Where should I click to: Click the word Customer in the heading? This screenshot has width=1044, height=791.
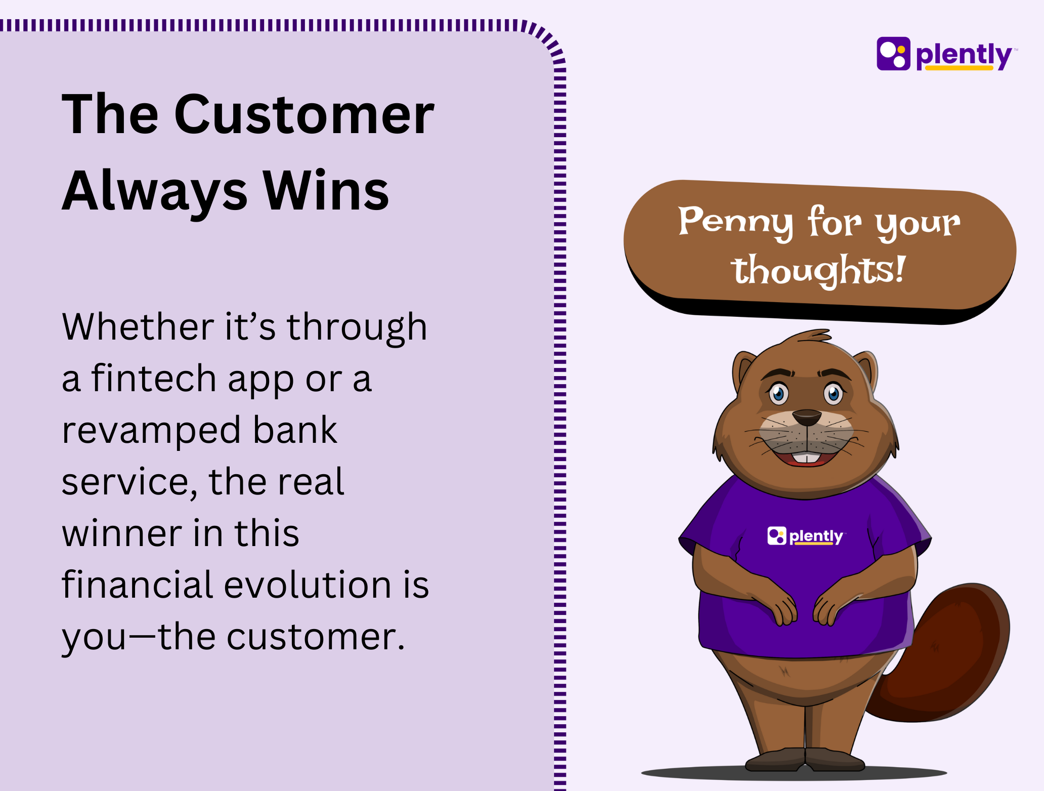coord(304,114)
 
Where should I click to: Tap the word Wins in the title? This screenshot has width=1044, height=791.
coord(326,190)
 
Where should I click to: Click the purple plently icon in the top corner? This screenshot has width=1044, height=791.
coord(893,54)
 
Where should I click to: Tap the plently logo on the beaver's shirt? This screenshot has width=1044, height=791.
coord(805,536)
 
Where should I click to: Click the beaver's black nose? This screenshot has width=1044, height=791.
coord(806,418)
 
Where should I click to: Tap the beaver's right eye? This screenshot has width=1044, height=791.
coord(834,394)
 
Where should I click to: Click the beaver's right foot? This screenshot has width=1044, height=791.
coord(835,759)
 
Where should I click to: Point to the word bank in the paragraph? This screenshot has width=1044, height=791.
coord(295,430)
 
